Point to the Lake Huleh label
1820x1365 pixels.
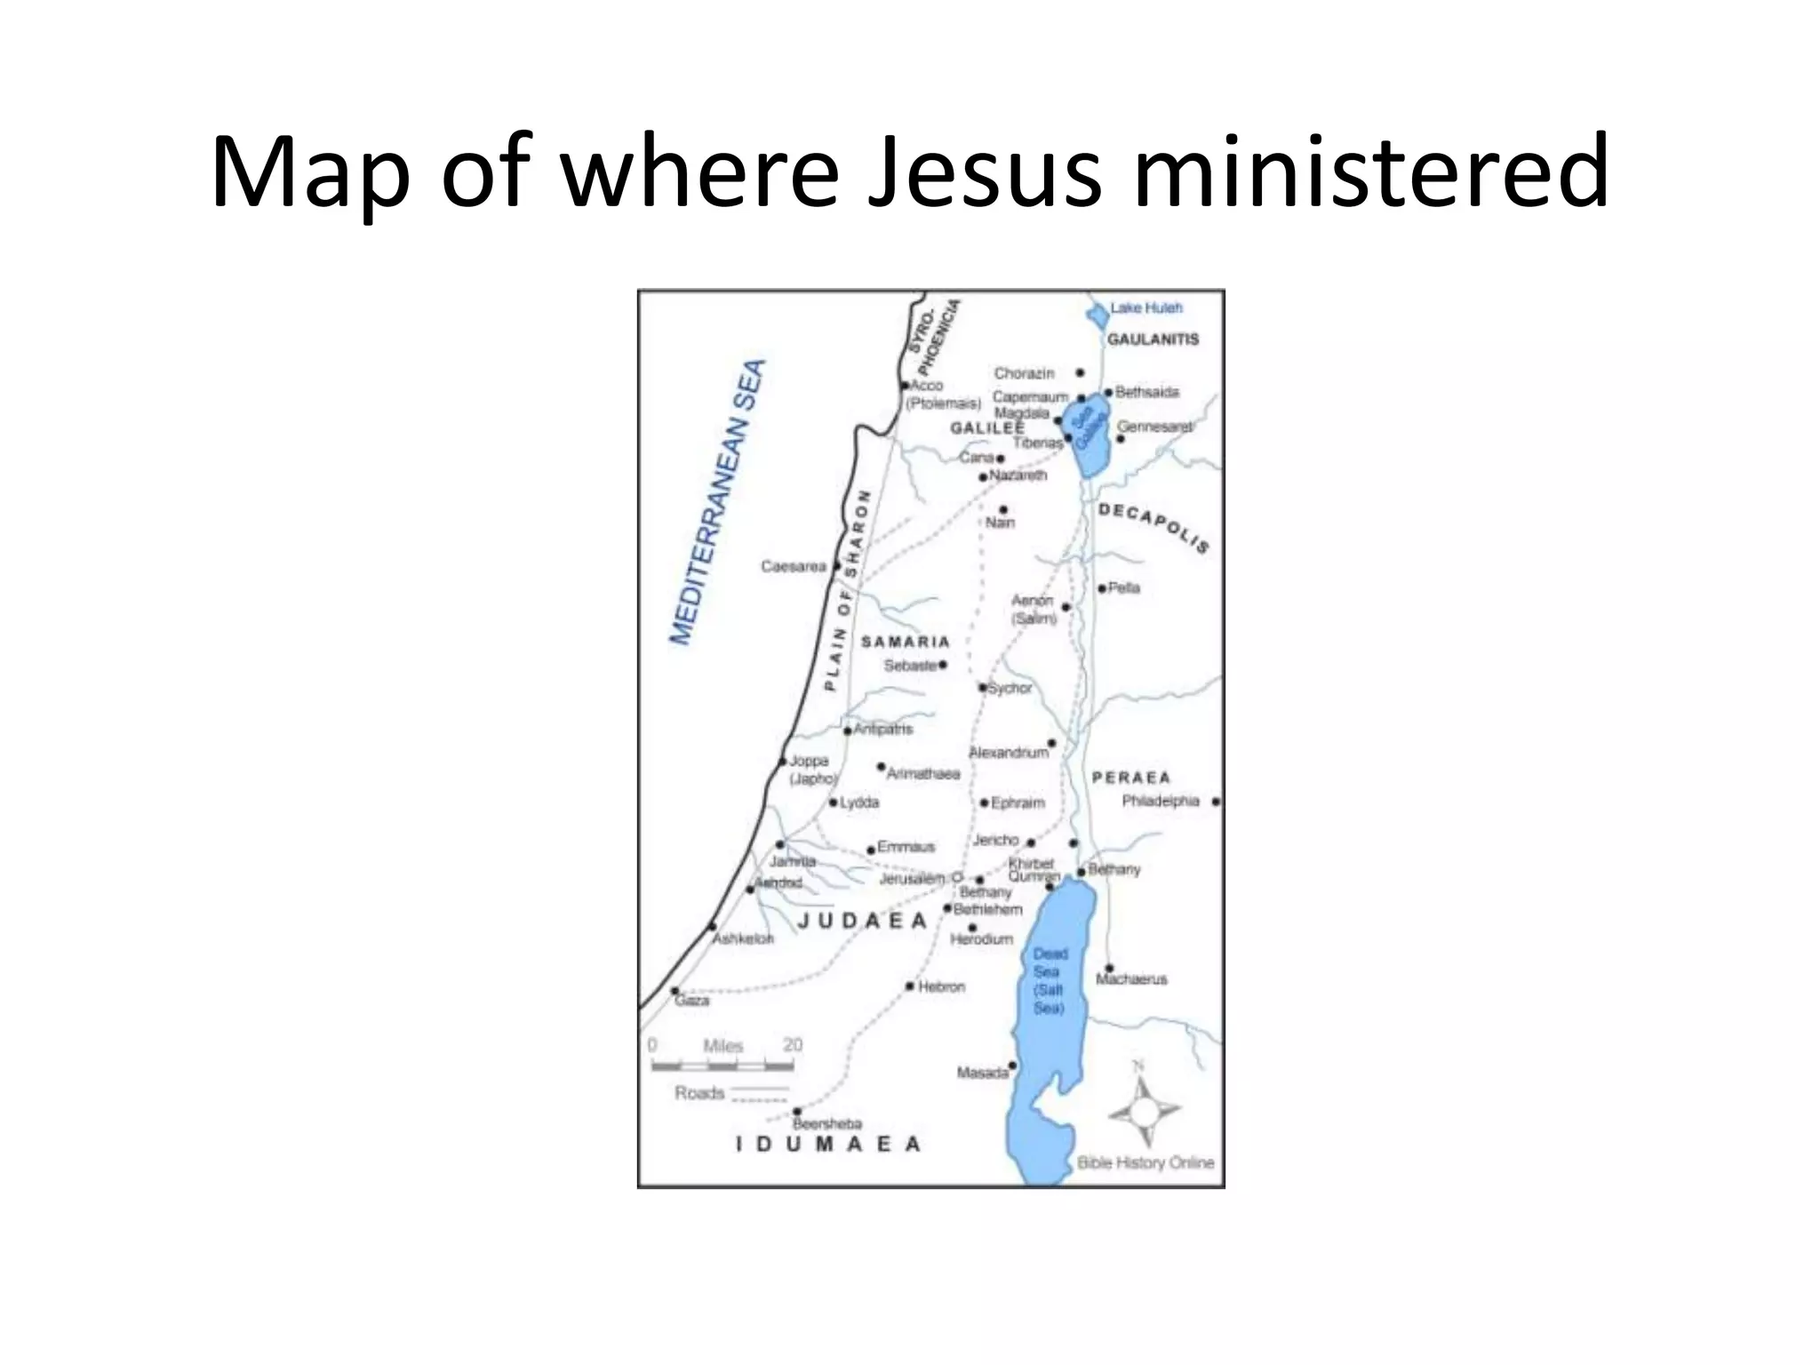click(1146, 308)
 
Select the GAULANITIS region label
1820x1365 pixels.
click(1153, 339)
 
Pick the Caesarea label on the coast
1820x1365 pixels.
click(794, 566)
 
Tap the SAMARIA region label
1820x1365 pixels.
click(905, 642)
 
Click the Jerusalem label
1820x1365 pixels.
click(912, 879)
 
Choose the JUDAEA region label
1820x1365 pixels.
click(862, 921)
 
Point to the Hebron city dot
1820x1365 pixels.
click(910, 986)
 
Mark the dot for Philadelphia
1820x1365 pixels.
click(1216, 802)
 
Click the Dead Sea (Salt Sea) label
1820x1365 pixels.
click(1049, 981)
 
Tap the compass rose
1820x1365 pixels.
click(1144, 1110)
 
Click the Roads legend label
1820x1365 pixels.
click(699, 1093)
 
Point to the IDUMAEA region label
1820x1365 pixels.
click(828, 1145)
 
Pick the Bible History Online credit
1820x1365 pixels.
click(1145, 1162)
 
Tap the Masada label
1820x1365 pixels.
click(982, 1073)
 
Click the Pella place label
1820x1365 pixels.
click(1123, 588)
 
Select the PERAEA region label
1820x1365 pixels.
click(1131, 778)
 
